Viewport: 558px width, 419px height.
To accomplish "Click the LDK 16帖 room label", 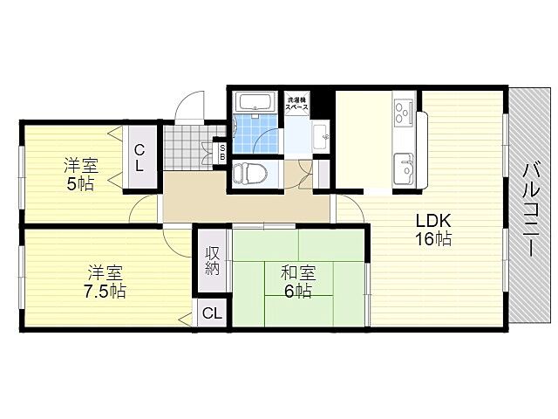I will [x=432, y=230].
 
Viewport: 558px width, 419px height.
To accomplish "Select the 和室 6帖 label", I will [x=296, y=282].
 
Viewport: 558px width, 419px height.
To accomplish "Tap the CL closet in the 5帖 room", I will [x=139, y=157].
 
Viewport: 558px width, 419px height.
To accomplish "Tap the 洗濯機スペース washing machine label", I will [x=297, y=101].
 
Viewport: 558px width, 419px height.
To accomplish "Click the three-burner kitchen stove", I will [x=405, y=111].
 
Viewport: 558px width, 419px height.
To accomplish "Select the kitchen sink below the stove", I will [x=405, y=165].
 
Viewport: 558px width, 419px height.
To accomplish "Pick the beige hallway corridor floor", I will [x=244, y=206].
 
